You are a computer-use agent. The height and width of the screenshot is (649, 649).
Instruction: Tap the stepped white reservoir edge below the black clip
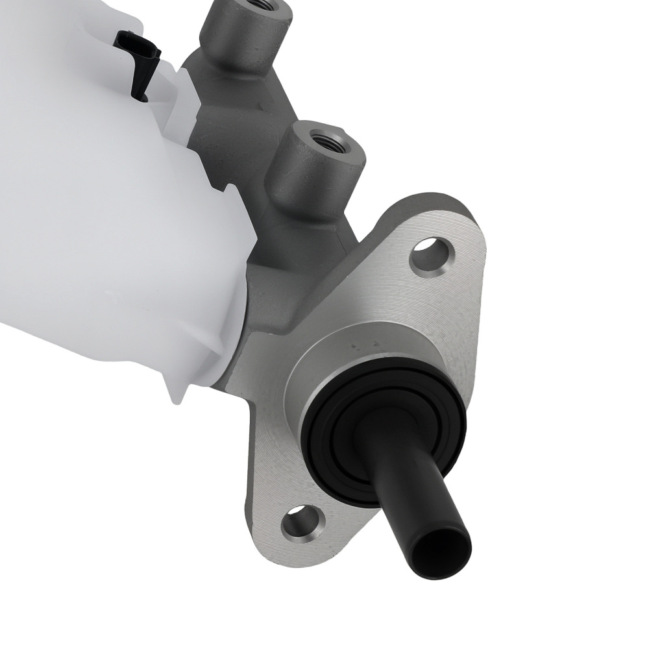pos(185,104)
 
